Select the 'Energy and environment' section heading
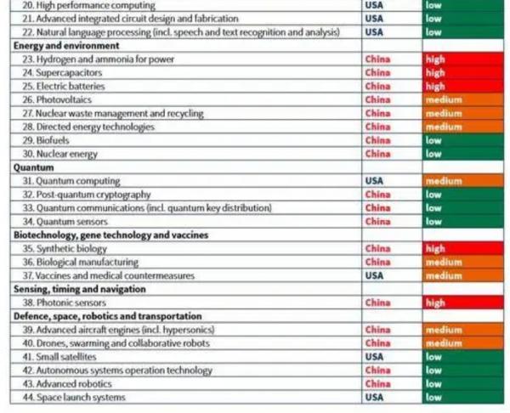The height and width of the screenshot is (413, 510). [x=59, y=46]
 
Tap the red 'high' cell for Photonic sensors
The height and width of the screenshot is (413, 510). [x=435, y=303]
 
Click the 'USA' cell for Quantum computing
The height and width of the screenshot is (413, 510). [x=374, y=181]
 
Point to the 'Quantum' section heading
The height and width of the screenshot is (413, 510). [x=34, y=168]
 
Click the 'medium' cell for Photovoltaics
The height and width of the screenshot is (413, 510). [x=444, y=100]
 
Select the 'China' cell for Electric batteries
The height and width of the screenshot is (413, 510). [x=377, y=87]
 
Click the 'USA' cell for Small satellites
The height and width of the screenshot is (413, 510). [x=374, y=357]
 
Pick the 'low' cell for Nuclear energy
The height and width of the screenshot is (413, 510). [x=433, y=155]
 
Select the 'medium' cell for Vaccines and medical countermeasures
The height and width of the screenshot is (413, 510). [x=444, y=276]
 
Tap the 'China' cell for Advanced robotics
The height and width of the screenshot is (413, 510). [x=377, y=384]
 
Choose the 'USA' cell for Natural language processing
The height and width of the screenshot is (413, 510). [x=374, y=32]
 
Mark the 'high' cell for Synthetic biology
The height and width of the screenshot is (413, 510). [x=435, y=249]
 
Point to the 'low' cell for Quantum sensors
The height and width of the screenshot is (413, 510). [x=433, y=222]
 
